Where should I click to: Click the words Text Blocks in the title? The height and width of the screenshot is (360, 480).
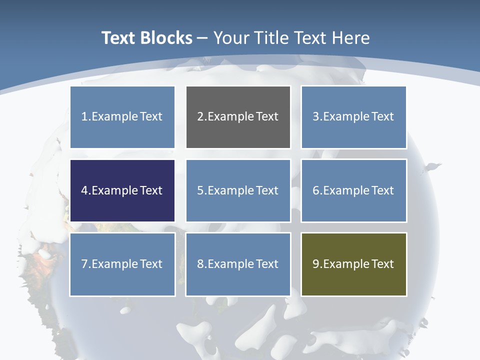coord(146,38)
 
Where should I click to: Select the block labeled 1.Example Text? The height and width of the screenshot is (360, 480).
coord(122,117)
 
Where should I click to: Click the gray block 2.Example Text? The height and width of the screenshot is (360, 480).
coord(238,117)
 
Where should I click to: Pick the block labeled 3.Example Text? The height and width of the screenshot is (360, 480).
coord(353,117)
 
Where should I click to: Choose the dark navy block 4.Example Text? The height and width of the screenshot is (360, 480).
coord(122,190)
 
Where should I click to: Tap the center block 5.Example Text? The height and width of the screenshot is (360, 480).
coord(238,190)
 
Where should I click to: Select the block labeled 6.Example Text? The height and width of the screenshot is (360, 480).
coord(353,190)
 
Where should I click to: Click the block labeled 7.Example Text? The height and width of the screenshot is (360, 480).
coord(122,264)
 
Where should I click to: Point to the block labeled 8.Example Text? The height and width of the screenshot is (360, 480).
coord(238,264)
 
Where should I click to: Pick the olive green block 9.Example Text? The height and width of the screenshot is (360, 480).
coord(353,264)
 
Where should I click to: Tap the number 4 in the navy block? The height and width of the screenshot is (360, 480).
coord(84,190)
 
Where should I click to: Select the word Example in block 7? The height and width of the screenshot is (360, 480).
coord(114,264)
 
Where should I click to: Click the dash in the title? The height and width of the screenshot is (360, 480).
coord(202,38)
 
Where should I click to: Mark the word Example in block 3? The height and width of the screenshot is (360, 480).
coord(346,117)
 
